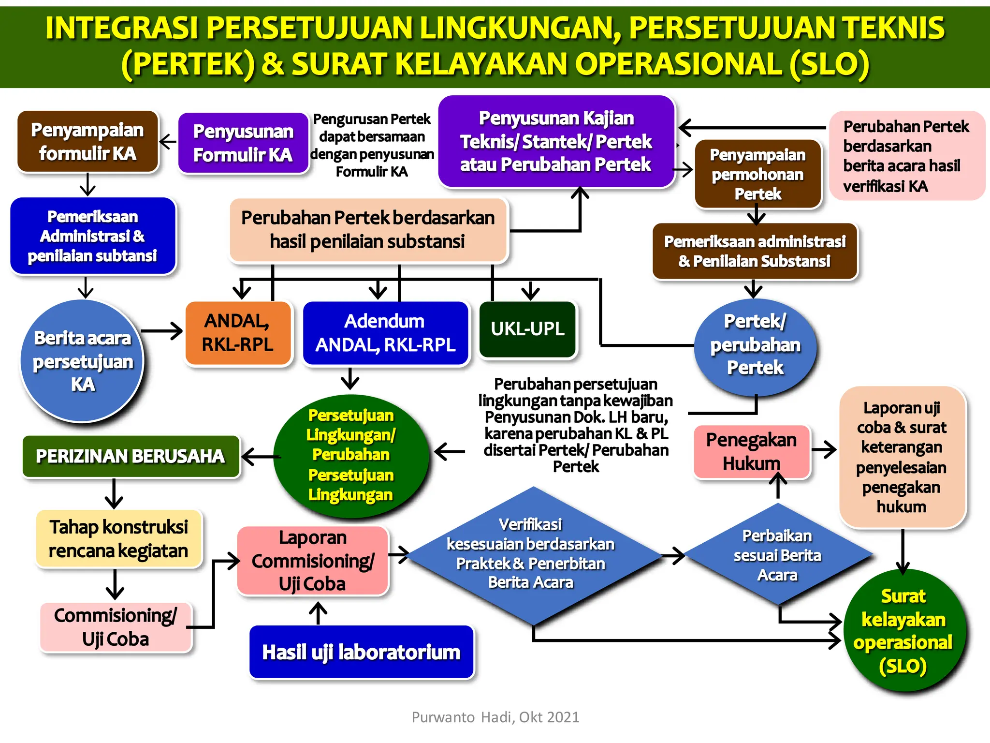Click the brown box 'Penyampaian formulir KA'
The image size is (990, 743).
(x=87, y=141)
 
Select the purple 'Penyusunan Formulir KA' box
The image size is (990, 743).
(x=243, y=143)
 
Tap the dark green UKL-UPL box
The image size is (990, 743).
(x=528, y=329)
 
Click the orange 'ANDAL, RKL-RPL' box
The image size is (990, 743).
(x=238, y=333)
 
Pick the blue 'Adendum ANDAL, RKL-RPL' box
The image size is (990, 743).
(x=385, y=333)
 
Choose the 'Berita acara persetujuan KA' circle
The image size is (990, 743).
(x=82, y=361)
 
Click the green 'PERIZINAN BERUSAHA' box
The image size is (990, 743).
(x=131, y=456)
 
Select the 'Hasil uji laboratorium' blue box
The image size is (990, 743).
(x=361, y=652)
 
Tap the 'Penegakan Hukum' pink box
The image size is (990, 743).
(x=751, y=452)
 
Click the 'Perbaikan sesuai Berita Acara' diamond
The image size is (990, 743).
(x=777, y=555)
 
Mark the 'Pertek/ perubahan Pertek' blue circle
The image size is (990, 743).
(x=755, y=345)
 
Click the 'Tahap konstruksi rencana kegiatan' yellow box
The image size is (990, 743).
(x=118, y=539)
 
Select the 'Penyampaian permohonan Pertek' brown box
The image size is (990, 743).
(x=757, y=174)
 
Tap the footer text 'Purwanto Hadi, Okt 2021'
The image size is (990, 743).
(x=495, y=717)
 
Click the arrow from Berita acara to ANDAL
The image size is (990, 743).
(x=162, y=331)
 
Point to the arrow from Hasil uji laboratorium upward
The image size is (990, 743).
(x=318, y=612)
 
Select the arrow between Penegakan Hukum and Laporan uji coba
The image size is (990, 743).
(x=824, y=449)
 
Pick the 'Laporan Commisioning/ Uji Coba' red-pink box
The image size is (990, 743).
(x=313, y=561)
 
